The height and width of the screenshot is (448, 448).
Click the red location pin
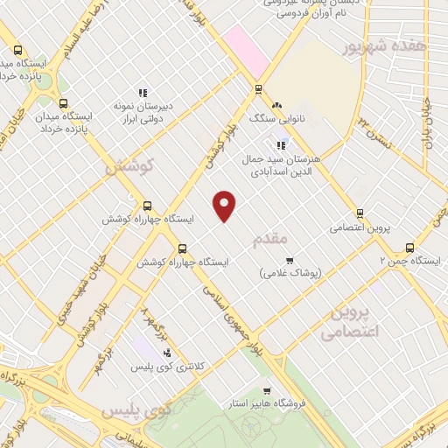click(x=226, y=206)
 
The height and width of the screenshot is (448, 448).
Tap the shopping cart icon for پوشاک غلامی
click(x=290, y=260)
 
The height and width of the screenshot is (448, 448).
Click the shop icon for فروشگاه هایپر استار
click(x=266, y=390)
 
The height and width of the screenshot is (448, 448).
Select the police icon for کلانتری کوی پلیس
click(x=167, y=353)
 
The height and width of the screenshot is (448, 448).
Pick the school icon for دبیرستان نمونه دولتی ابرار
click(x=142, y=93)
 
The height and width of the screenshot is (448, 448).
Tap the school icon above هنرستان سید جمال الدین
click(x=280, y=145)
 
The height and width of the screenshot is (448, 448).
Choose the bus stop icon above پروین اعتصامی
click(x=360, y=213)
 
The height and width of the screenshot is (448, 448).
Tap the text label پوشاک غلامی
click(x=290, y=273)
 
